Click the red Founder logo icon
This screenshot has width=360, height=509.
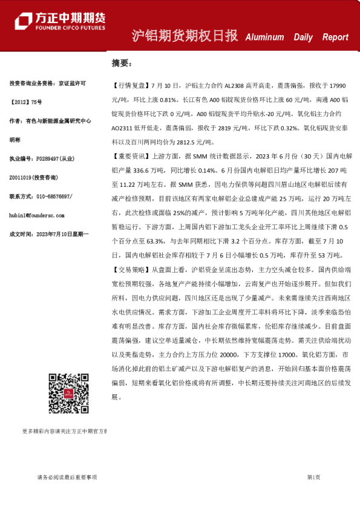24,20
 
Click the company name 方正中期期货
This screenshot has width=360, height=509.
70,17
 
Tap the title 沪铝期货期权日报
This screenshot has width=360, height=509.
185,36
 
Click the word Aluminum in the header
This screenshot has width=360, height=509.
264,37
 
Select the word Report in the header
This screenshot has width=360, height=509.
335,37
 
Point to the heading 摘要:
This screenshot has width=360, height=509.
121,62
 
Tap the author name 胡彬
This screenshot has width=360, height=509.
15,139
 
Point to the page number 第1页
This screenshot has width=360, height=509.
313,478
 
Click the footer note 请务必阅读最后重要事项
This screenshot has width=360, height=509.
67,478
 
